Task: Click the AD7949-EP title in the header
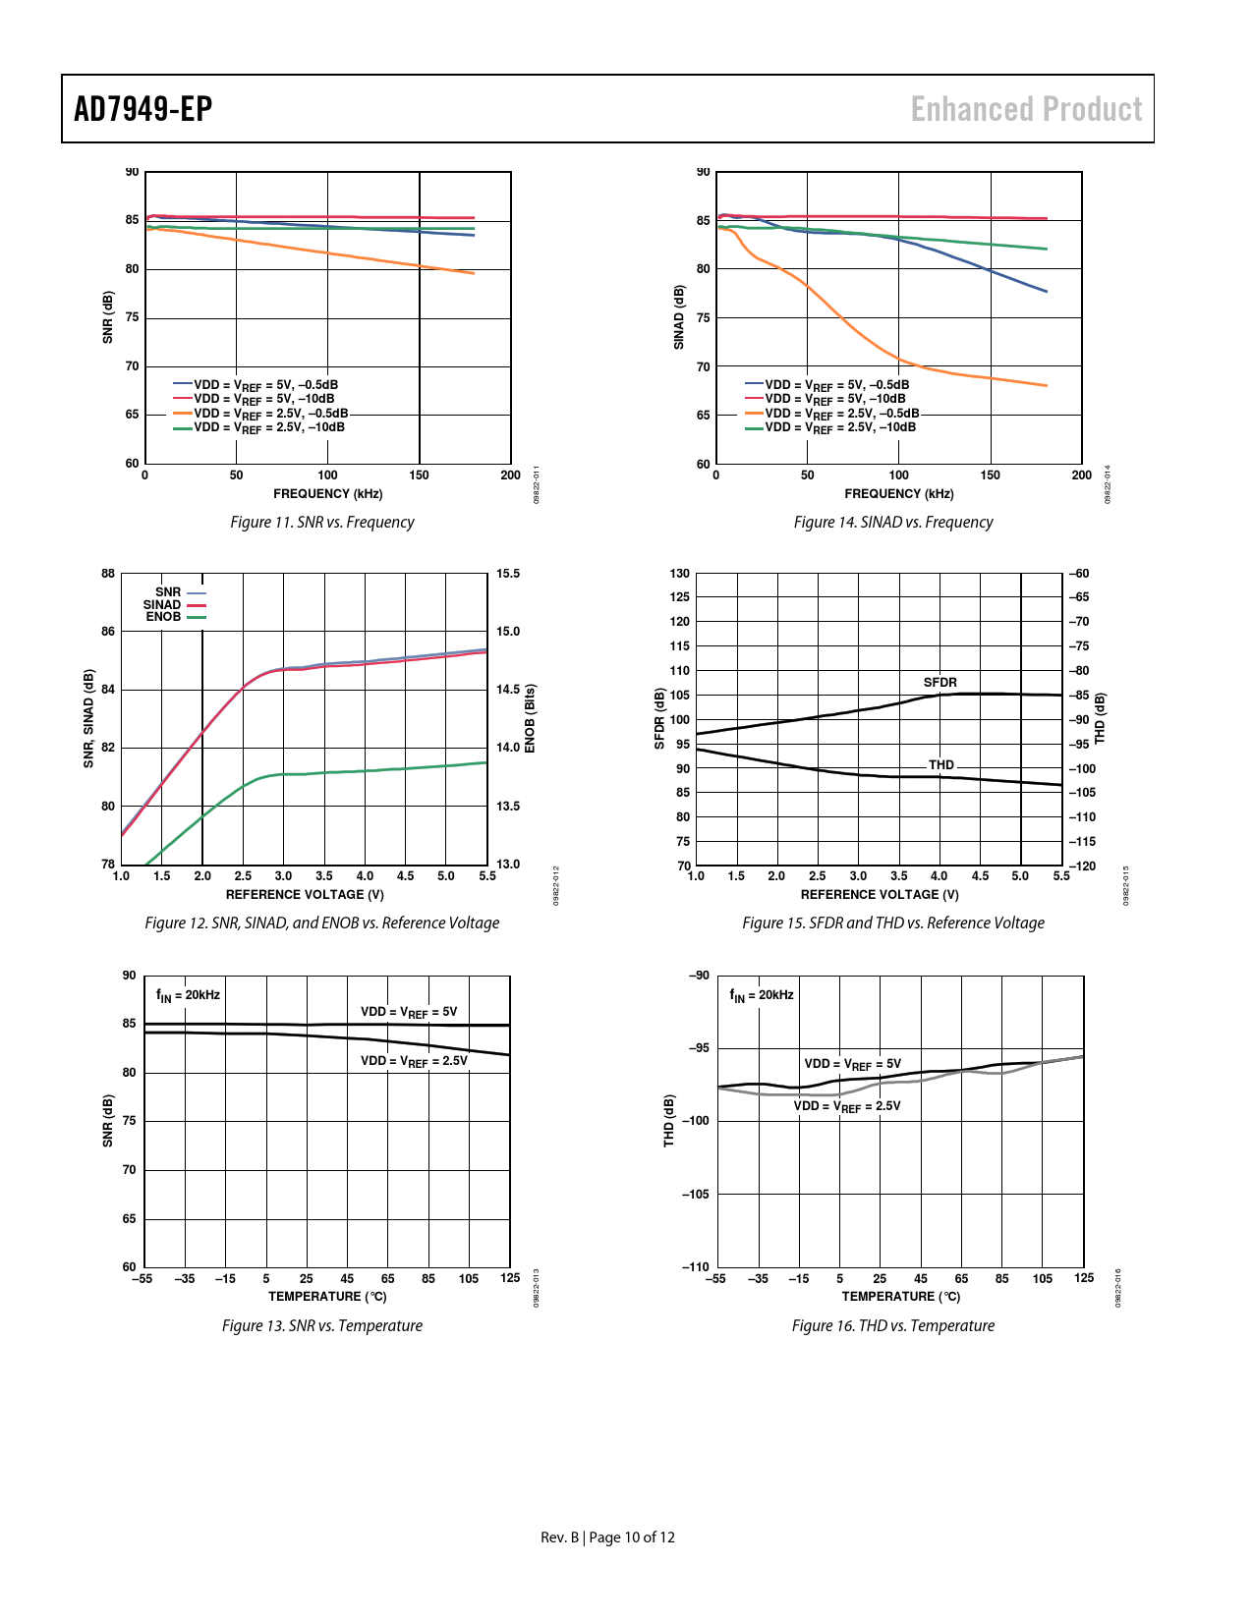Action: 143,109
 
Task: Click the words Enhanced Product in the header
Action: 1026,109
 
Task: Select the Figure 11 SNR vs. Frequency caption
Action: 322,523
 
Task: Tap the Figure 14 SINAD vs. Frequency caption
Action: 893,523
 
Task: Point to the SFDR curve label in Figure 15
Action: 940,682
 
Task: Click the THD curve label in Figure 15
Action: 940,764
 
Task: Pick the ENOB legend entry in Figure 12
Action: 164,617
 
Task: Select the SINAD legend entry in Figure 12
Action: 162,605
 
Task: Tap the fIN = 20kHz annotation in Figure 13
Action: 188,995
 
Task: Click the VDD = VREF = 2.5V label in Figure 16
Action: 847,1106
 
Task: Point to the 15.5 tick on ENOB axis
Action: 508,574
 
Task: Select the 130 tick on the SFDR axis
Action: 680,574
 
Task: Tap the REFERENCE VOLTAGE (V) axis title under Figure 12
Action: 305,895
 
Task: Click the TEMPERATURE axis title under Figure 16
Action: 901,1297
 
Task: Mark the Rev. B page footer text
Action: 607,1537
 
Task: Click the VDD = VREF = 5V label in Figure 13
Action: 409,1012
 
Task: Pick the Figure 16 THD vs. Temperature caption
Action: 893,1326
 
